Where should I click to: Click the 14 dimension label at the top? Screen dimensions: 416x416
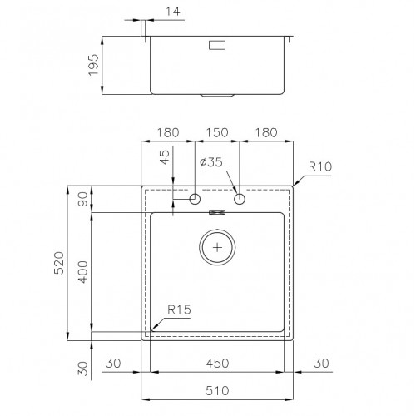(x=173, y=12)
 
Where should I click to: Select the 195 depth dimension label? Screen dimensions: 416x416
(x=93, y=65)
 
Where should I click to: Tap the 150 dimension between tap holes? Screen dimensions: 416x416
(x=217, y=132)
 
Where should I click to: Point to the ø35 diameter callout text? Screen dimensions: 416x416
(x=211, y=162)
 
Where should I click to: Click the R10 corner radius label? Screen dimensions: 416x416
(x=320, y=166)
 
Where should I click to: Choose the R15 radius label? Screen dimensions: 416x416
(x=179, y=310)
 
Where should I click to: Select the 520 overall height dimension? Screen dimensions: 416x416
(x=59, y=263)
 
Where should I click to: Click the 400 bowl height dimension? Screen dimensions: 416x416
(x=82, y=272)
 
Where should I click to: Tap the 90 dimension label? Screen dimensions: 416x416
(x=82, y=199)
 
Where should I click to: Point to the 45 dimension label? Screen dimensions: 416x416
(x=165, y=157)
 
